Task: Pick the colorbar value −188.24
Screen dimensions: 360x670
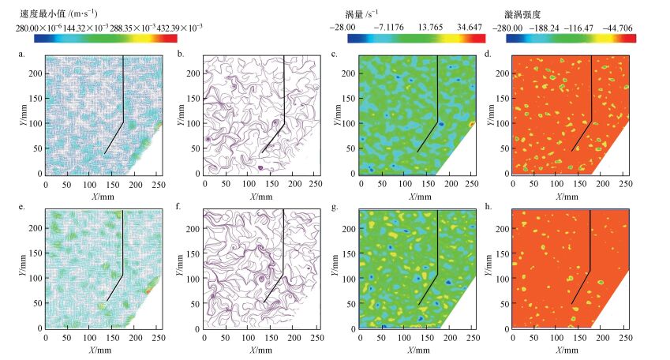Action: pos(545,27)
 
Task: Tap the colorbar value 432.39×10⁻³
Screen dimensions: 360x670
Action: pos(171,27)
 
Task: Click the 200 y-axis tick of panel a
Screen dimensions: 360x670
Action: pos(37,83)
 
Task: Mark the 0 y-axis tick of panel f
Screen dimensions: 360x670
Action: pos(199,327)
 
